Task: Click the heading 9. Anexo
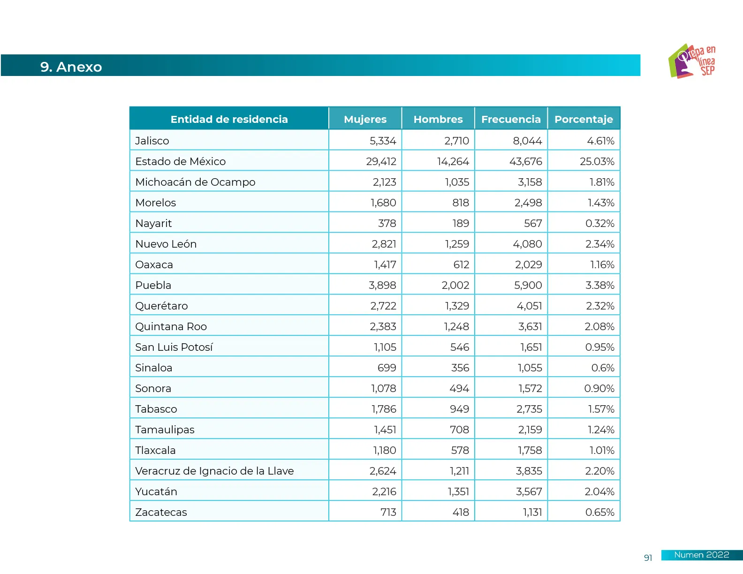71,67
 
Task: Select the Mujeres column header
365,119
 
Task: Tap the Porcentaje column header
584,119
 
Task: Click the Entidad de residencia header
229,119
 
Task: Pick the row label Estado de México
180,161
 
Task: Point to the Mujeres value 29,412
381,161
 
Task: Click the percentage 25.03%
597,161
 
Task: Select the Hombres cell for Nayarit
460,223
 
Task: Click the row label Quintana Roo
171,326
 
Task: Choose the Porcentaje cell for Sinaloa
602,368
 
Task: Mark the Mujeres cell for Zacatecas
388,512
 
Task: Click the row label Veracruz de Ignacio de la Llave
214,471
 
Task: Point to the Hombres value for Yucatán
458,491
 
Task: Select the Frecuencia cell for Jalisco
527,141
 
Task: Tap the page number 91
648,558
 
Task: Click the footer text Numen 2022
701,555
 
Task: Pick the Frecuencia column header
511,119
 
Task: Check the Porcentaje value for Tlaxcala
602,450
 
